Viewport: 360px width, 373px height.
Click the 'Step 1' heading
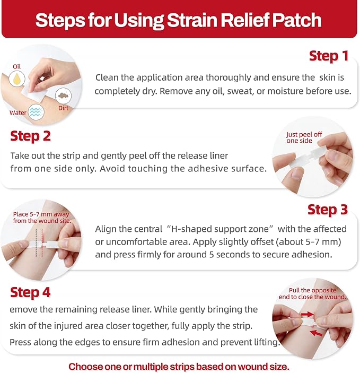[x=329, y=56]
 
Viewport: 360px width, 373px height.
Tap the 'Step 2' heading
[x=30, y=136]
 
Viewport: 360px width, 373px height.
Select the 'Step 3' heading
[x=328, y=210]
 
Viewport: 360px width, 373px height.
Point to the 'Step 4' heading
[x=30, y=292]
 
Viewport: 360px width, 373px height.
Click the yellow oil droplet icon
[x=17, y=79]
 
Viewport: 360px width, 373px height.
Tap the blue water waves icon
[x=36, y=112]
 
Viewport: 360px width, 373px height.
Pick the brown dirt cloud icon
[x=63, y=96]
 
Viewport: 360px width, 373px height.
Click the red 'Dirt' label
[x=63, y=108]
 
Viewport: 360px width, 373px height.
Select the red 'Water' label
[x=18, y=112]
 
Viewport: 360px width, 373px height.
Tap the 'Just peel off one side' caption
[x=304, y=137]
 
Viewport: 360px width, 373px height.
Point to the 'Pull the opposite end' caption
[x=312, y=293]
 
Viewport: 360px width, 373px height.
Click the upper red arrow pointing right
[x=307, y=315]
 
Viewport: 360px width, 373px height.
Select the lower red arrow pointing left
[x=317, y=333]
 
